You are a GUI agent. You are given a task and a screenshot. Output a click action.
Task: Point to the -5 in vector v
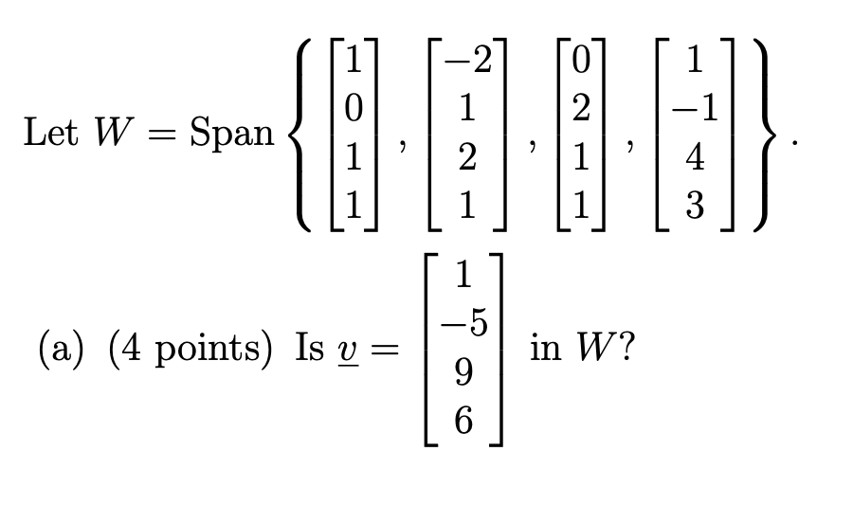click(462, 323)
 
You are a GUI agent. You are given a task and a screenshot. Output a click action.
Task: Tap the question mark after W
click(626, 350)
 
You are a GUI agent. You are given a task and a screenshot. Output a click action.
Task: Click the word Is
click(310, 350)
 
